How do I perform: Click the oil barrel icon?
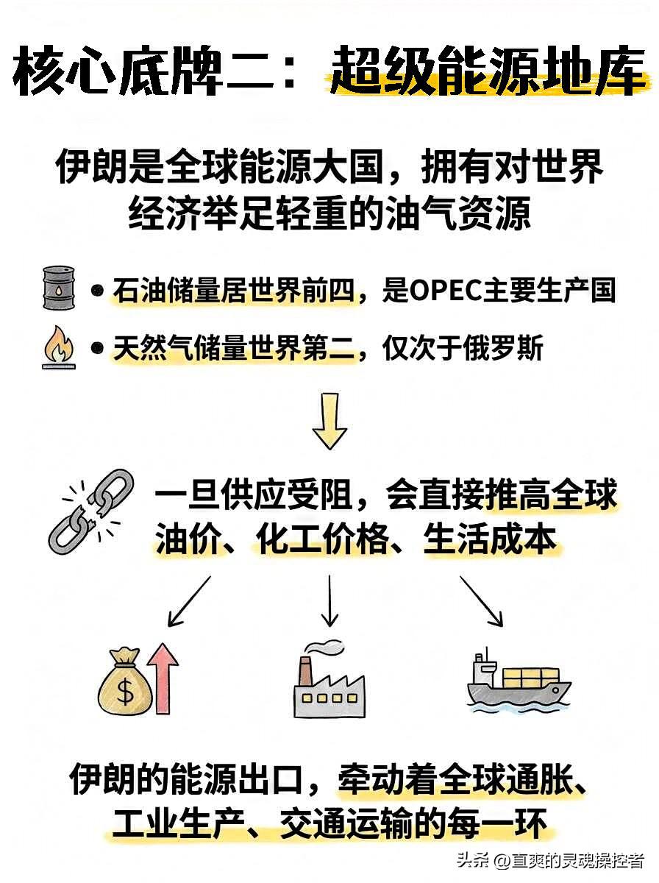click(x=57, y=288)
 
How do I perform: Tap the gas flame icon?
click(x=57, y=348)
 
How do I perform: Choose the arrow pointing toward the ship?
click(x=482, y=600)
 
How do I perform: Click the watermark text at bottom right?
click(x=549, y=859)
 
